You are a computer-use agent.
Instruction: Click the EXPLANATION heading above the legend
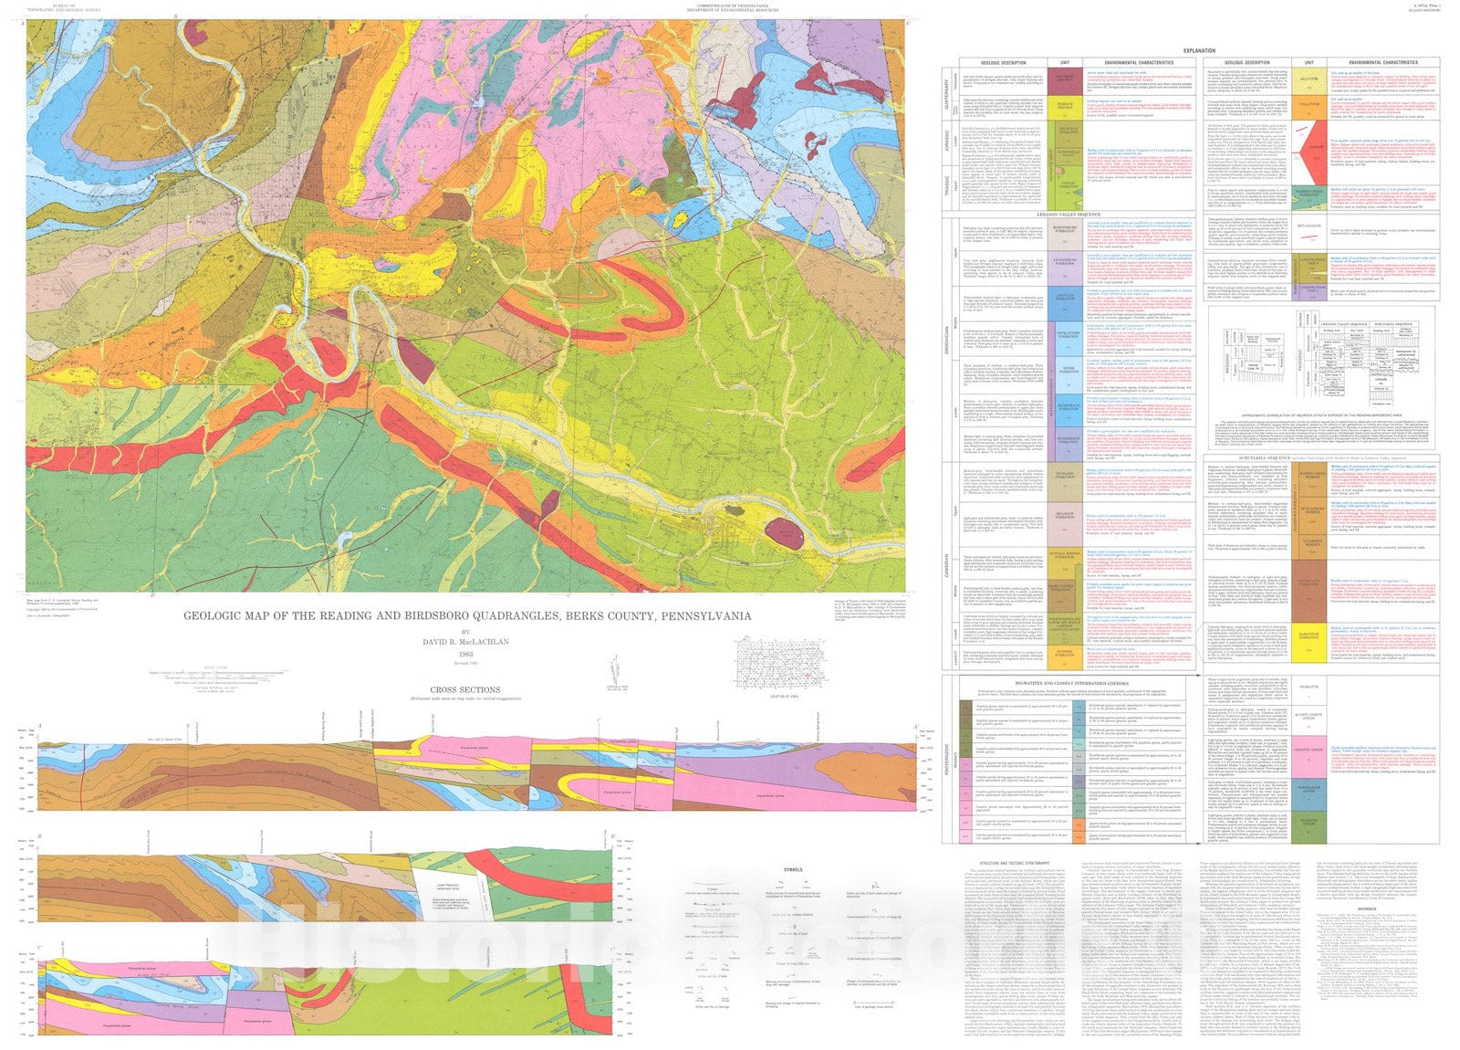pyautogui.click(x=1198, y=50)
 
